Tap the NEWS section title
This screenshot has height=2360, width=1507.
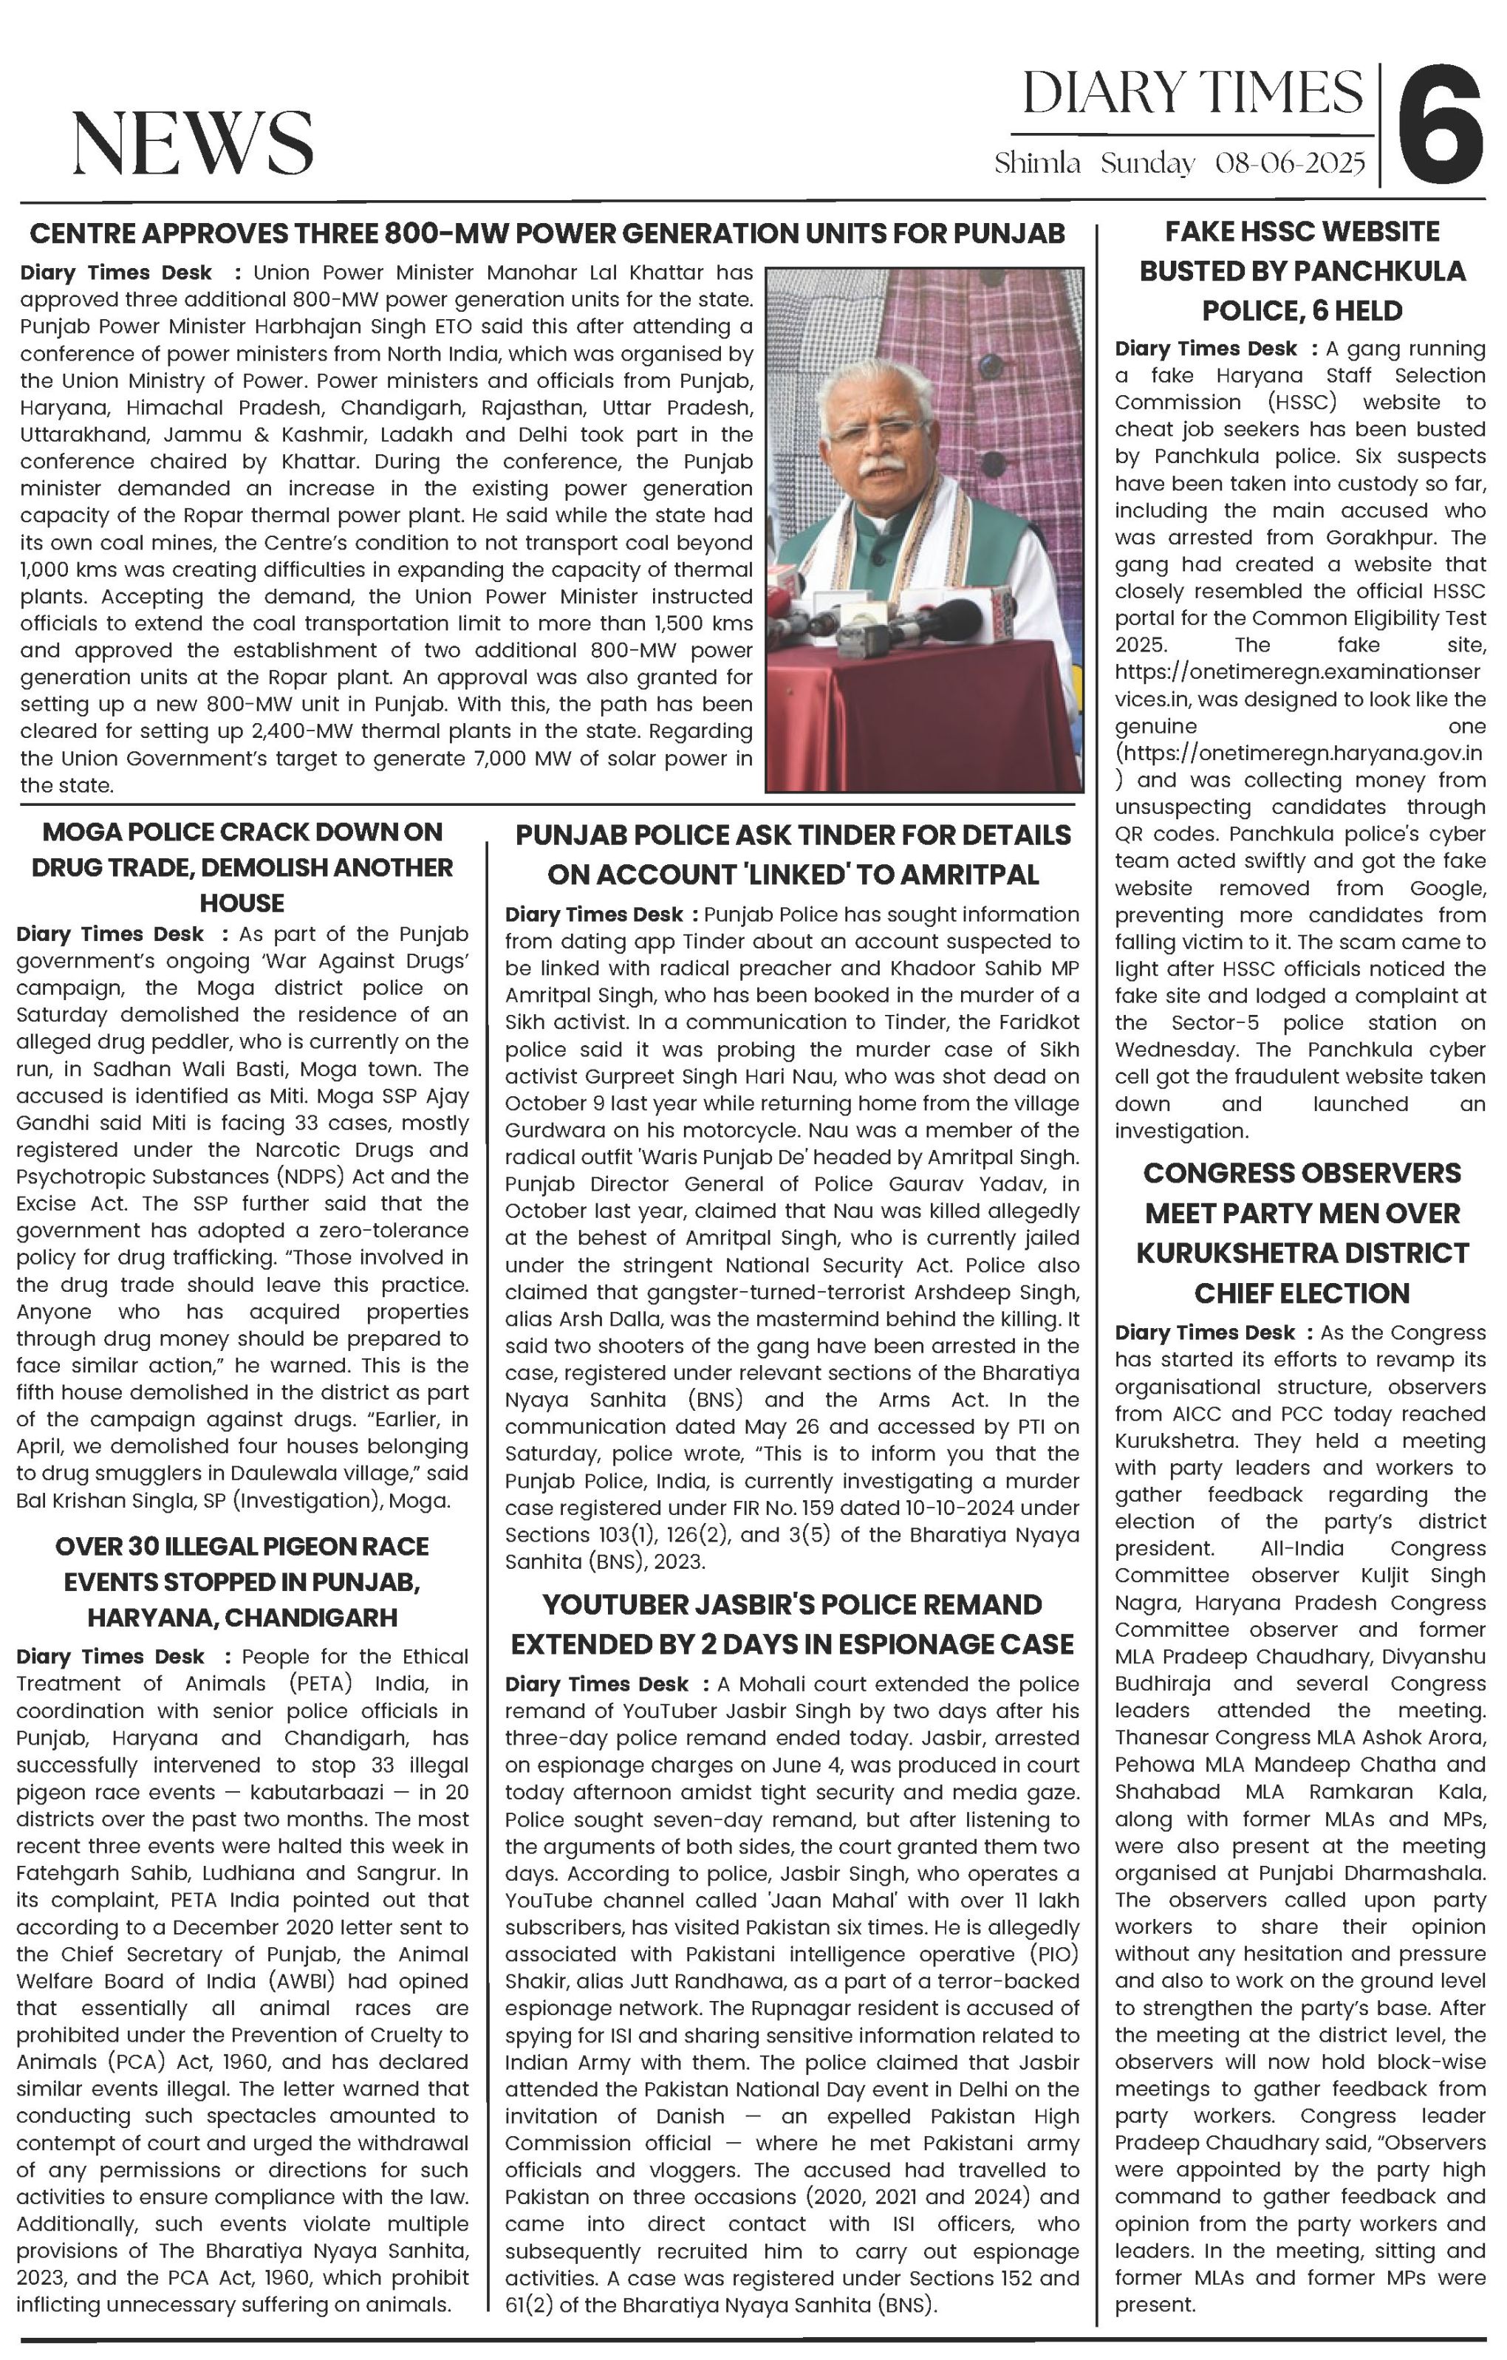192,143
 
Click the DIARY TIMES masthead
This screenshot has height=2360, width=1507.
1192,93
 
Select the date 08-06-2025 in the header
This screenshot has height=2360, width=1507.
1290,163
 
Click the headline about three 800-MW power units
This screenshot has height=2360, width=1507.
547,233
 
